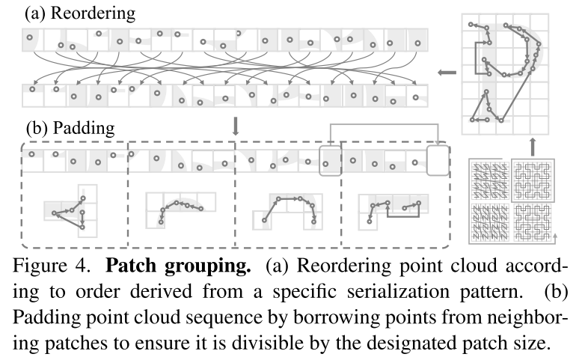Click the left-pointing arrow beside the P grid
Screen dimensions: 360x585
click(447, 73)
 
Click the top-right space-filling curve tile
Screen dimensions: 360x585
click(537, 180)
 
